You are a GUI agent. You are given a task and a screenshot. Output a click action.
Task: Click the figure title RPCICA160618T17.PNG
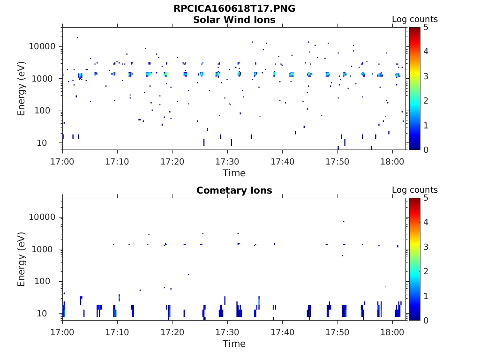[234, 8]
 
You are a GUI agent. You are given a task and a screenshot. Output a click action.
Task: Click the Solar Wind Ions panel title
[234, 20]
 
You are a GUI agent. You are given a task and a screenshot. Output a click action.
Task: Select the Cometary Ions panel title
[234, 190]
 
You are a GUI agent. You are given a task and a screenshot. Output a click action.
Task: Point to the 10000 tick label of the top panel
[43, 47]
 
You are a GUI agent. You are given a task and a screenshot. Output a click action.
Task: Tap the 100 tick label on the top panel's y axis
[47, 111]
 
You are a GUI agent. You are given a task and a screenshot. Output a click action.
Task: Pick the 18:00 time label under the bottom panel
[392, 332]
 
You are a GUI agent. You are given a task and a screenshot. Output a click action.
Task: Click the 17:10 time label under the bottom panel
[117, 332]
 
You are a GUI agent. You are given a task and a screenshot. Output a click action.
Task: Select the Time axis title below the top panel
[234, 173]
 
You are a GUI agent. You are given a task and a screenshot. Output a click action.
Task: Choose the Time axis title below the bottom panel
[234, 344]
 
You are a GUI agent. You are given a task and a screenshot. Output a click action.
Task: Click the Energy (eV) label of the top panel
[22, 88]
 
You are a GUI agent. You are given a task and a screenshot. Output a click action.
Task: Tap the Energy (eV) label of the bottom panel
[22, 259]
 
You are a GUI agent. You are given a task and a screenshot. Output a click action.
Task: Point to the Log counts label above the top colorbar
[414, 20]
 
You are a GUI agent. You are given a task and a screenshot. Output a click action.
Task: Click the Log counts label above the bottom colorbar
[414, 190]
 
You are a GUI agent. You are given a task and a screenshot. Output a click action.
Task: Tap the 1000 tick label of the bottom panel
[45, 249]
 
